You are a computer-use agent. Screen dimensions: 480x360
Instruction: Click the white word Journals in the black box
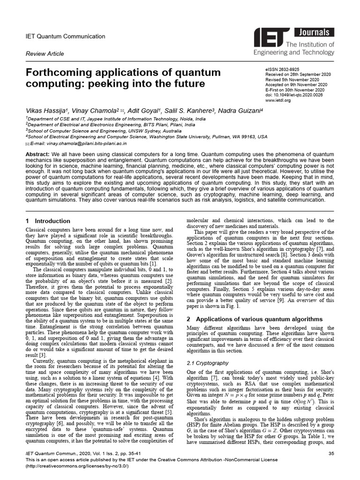click(314, 32)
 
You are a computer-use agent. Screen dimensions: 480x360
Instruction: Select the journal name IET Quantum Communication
click(65, 36)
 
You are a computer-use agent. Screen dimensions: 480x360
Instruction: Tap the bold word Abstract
click(37, 154)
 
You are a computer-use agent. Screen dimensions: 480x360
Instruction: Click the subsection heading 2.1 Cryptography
click(208, 363)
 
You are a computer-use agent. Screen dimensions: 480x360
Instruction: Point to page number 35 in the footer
click(331, 453)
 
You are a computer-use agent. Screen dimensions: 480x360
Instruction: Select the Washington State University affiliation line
click(147, 137)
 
